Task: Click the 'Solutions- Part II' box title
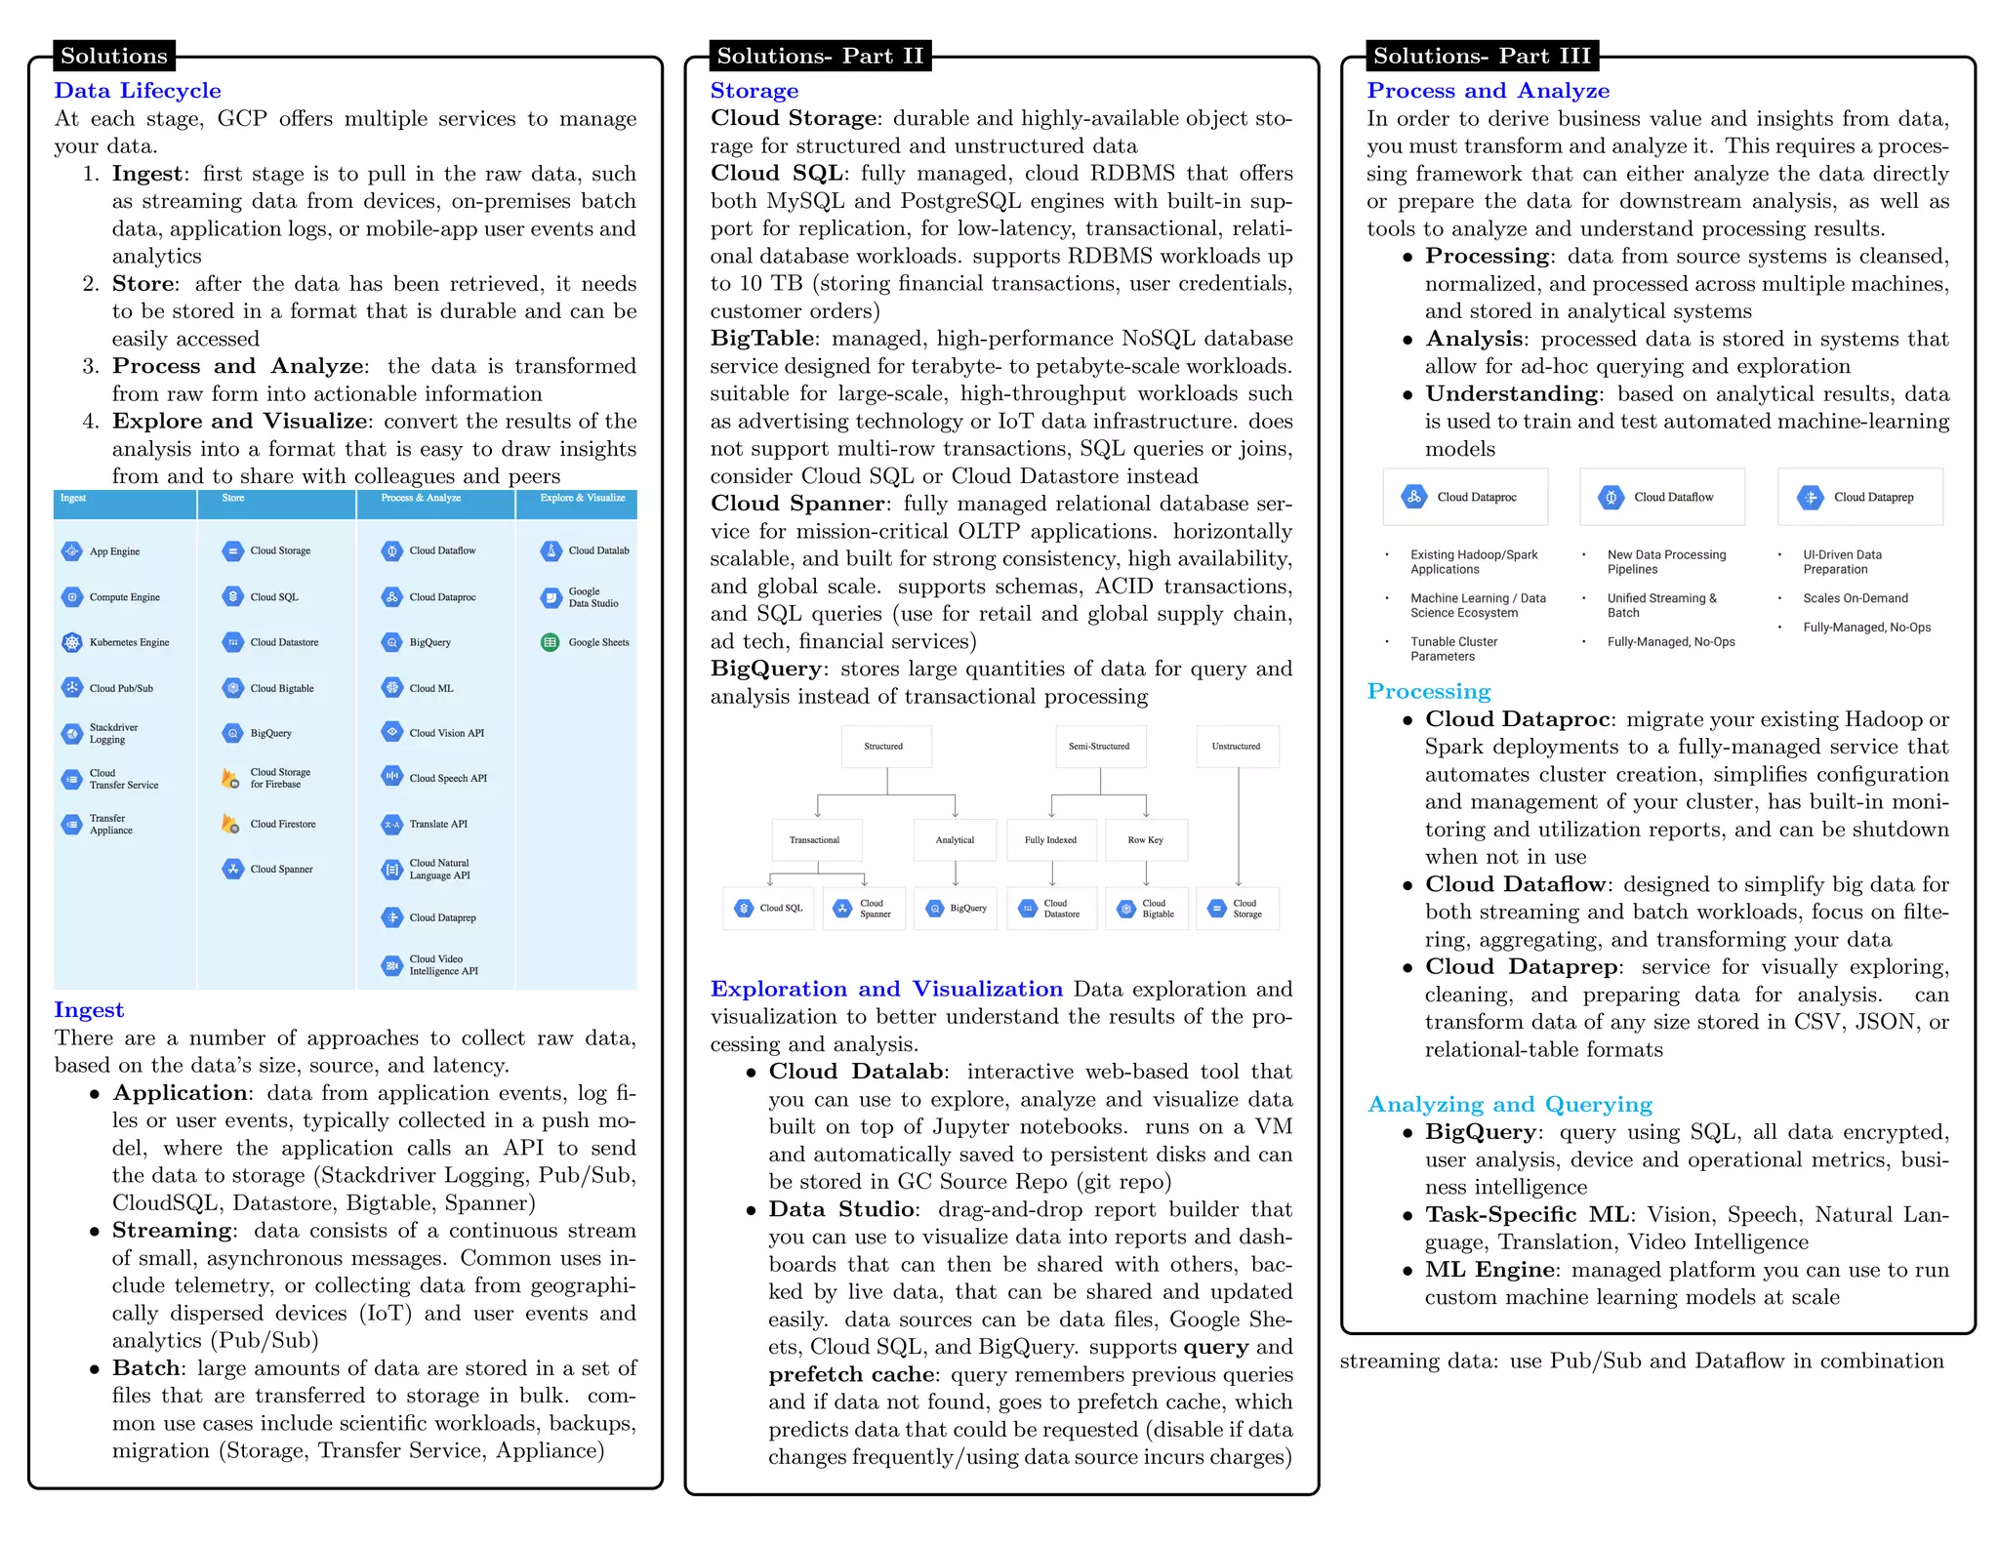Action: pyautogui.click(x=819, y=56)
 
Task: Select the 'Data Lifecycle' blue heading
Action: pyautogui.click(x=138, y=91)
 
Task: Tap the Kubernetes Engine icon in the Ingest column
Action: pyautogui.click(x=72, y=642)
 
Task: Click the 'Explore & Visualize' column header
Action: pyautogui.click(x=583, y=499)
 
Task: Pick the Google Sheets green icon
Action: pyautogui.click(x=551, y=642)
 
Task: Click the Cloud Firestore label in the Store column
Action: pyautogui.click(x=282, y=824)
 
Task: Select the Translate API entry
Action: pyautogui.click(x=438, y=824)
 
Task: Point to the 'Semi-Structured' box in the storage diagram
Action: pyautogui.click(x=1099, y=747)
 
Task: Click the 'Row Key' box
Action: pyautogui.click(x=1146, y=840)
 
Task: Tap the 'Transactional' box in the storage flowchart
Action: pyautogui.click(x=815, y=840)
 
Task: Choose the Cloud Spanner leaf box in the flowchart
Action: pyautogui.click(x=864, y=909)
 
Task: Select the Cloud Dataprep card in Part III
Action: pyautogui.click(x=1859, y=498)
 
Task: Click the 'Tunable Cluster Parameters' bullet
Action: pyautogui.click(x=1453, y=649)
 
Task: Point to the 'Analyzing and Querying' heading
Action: pyautogui.click(x=1509, y=1105)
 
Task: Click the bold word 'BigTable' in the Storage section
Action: pyautogui.click(x=762, y=339)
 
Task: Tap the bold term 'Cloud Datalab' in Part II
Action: pyautogui.click(x=856, y=1072)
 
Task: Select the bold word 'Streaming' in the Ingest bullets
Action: pyautogui.click(x=172, y=1231)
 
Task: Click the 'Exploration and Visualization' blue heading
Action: pyautogui.click(x=886, y=990)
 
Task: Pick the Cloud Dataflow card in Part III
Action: pyautogui.click(x=1662, y=498)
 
